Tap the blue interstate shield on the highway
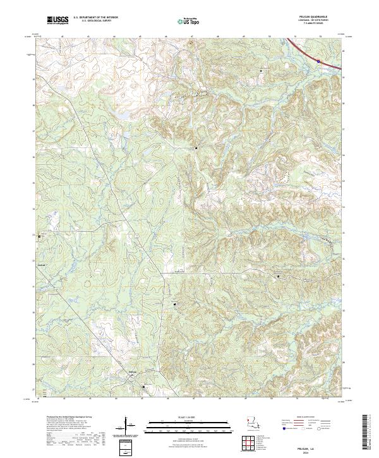319,61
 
